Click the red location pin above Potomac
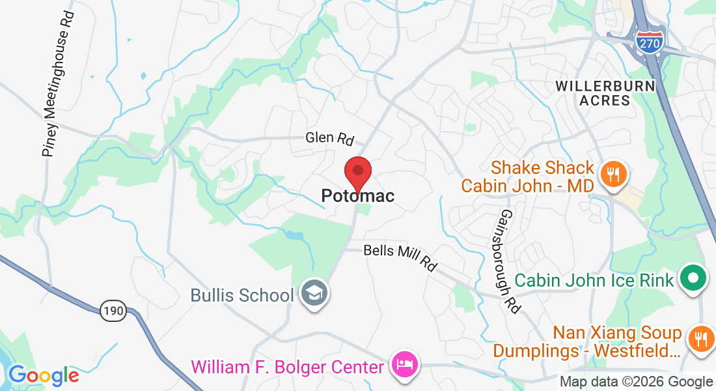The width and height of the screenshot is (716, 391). pyautogui.click(x=357, y=173)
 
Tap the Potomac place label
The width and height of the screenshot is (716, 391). pyautogui.click(x=357, y=195)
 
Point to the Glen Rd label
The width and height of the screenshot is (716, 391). pyautogui.click(x=330, y=138)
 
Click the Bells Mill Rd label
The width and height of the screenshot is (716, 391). pyautogui.click(x=400, y=257)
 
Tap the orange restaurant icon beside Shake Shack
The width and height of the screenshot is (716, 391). pyautogui.click(x=613, y=173)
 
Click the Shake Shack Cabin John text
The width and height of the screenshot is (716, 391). pyautogui.click(x=528, y=177)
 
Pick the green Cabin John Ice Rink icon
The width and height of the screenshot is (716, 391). pyautogui.click(x=693, y=280)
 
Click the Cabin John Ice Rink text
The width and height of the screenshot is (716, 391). pyautogui.click(x=594, y=281)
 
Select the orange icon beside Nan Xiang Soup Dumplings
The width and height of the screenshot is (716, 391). pyautogui.click(x=700, y=338)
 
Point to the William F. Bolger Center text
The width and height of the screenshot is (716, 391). pyautogui.click(x=287, y=367)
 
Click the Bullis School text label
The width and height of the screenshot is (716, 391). pyautogui.click(x=242, y=295)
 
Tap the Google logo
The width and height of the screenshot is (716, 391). pyautogui.click(x=43, y=375)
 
